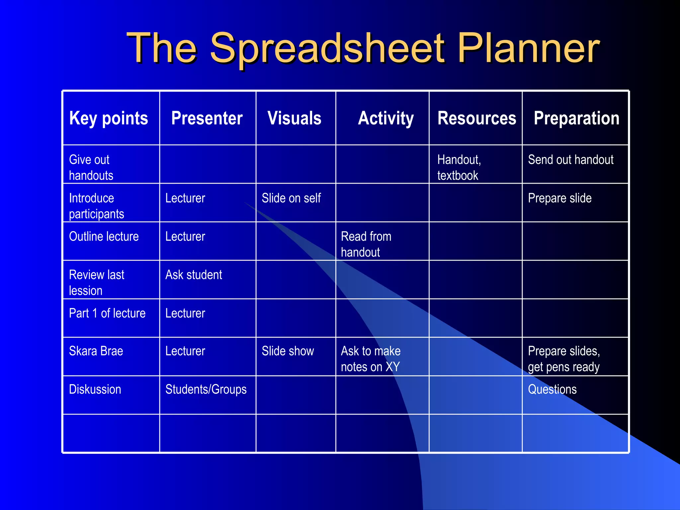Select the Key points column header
point(109,118)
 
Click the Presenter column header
point(207,118)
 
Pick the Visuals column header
point(295,118)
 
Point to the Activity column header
point(386,118)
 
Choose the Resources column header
point(477,118)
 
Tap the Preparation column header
point(576,118)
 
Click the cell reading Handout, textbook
point(459,167)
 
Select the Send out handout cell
point(570,160)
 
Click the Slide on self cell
point(291,198)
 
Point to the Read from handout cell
point(366,244)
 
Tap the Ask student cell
point(194,275)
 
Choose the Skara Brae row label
point(96,351)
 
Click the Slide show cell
point(288,351)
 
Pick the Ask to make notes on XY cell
point(371,359)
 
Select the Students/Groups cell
point(206,389)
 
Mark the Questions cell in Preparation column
point(552,389)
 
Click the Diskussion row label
point(95,389)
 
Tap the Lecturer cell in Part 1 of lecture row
point(185,313)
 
